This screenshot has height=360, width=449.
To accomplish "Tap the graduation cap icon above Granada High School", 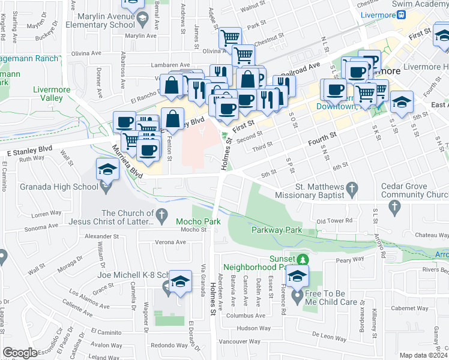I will pos(107,170).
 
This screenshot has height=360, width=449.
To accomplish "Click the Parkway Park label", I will pos(276,230).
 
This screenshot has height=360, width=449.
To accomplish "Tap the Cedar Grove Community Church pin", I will pos(394,208).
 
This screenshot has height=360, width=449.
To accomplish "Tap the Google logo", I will pos(20,353).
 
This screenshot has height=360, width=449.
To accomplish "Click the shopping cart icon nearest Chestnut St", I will pos(243,55).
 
